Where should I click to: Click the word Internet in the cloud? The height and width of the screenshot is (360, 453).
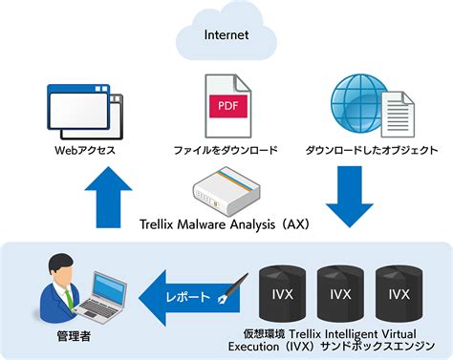[x=226, y=34]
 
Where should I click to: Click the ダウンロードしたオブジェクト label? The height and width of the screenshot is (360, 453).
[x=372, y=151]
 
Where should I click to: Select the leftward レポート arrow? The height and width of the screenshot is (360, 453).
[x=186, y=296]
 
